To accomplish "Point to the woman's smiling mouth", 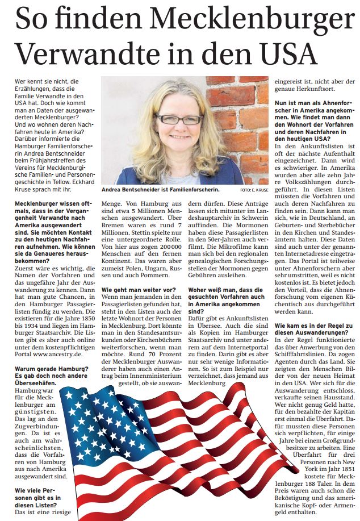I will tap(179, 137).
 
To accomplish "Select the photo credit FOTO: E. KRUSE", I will tap(254, 189).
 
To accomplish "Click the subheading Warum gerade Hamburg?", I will tap(49, 369).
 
